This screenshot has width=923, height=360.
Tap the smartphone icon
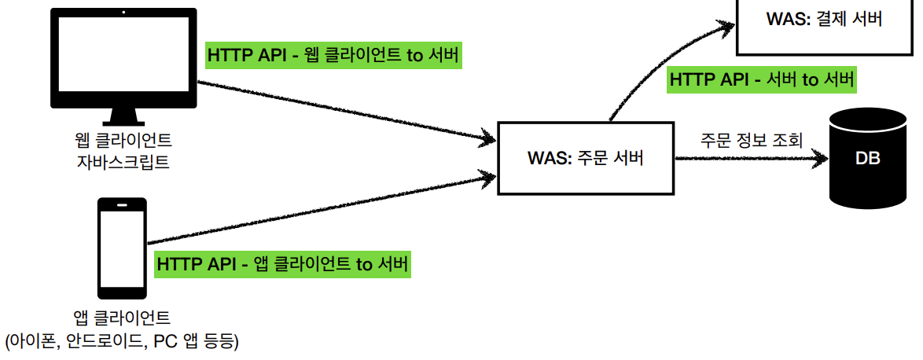click(122, 246)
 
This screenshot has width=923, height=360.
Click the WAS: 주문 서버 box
click(586, 157)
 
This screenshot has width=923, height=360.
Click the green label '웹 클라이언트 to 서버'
click(333, 57)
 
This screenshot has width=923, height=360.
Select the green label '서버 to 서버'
click(761, 79)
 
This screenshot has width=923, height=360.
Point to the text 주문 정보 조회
click(752, 141)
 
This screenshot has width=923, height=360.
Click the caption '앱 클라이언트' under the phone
click(121, 318)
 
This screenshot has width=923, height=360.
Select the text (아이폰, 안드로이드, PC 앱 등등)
click(122, 340)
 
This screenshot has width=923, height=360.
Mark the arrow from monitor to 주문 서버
click(346, 111)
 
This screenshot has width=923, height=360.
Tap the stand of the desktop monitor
click(123, 116)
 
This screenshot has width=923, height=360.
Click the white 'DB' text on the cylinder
click(867, 159)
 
